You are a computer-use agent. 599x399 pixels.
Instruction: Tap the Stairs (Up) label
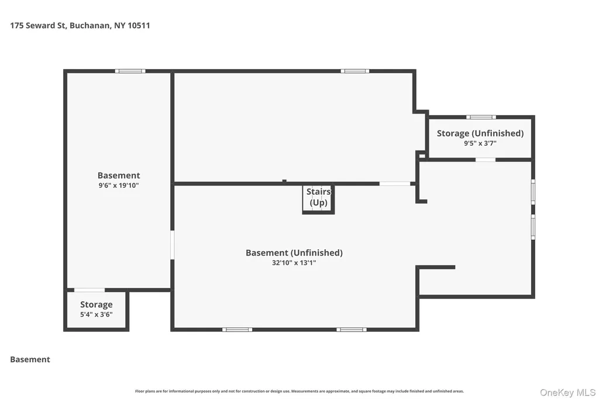click(319, 197)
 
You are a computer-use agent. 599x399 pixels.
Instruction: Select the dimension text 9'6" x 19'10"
click(118, 185)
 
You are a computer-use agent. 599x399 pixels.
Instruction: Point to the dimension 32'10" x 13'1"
click(294, 263)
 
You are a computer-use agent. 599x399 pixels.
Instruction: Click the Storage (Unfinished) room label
click(480, 133)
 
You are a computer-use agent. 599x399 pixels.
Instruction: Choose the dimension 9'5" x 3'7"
click(480, 143)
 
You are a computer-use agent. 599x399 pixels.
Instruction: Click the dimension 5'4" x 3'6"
click(97, 315)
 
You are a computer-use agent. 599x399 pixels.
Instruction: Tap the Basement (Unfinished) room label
click(294, 253)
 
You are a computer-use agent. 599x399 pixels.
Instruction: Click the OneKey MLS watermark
click(567, 393)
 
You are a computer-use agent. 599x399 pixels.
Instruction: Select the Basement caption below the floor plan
click(30, 359)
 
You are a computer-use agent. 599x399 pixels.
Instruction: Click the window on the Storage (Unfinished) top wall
click(481, 117)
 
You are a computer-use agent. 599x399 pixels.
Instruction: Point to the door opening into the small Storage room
click(89, 290)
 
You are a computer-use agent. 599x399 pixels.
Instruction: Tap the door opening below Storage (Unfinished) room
click(486, 159)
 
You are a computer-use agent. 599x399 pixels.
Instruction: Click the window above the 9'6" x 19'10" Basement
click(130, 71)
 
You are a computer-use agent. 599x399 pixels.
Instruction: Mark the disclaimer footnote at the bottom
click(299, 391)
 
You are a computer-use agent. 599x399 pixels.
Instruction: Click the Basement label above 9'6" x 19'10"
click(118, 176)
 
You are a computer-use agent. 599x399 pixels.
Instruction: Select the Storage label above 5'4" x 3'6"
click(97, 305)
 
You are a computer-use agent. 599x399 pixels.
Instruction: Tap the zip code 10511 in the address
click(139, 26)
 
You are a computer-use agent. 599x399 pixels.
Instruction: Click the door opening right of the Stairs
click(395, 184)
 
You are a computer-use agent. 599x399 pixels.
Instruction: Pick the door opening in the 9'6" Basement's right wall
click(173, 245)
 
